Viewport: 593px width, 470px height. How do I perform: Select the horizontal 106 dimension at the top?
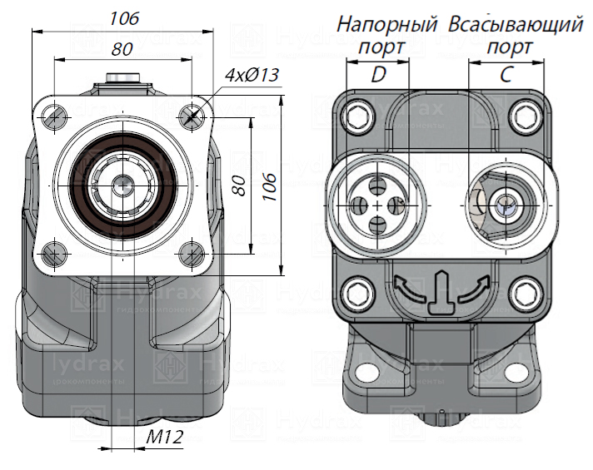click(123, 18)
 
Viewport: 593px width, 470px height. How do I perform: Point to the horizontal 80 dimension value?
click(122, 49)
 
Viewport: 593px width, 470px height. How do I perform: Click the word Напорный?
click(387, 25)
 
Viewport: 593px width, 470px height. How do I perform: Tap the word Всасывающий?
click(515, 25)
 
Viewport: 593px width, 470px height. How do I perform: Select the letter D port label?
click(379, 75)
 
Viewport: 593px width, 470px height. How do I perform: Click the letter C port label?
click(506, 75)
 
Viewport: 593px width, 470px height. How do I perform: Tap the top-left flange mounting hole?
click(54, 115)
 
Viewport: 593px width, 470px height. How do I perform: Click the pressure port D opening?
click(377, 204)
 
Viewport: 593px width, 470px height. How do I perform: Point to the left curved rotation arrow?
click(404, 289)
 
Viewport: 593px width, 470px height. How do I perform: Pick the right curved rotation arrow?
click(471, 289)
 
